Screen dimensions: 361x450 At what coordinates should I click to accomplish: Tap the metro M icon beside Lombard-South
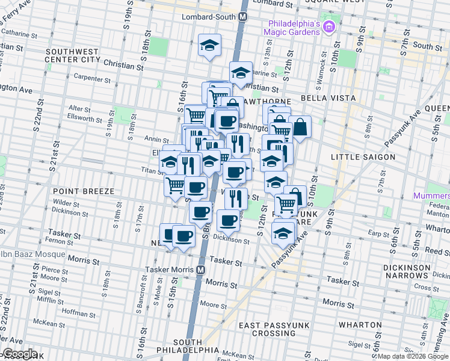click(x=242, y=17)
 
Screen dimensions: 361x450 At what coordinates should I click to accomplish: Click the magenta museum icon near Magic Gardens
click(x=328, y=26)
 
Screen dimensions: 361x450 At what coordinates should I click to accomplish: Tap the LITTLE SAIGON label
click(x=363, y=157)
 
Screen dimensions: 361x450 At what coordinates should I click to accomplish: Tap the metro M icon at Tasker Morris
click(x=201, y=270)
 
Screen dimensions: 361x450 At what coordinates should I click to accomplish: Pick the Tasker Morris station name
click(x=173, y=270)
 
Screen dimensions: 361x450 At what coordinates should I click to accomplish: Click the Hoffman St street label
click(x=75, y=313)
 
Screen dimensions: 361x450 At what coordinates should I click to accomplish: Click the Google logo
click(x=20, y=354)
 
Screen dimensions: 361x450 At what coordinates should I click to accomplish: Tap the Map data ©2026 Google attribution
click(x=412, y=356)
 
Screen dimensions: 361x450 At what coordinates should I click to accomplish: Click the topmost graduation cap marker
click(x=210, y=45)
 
